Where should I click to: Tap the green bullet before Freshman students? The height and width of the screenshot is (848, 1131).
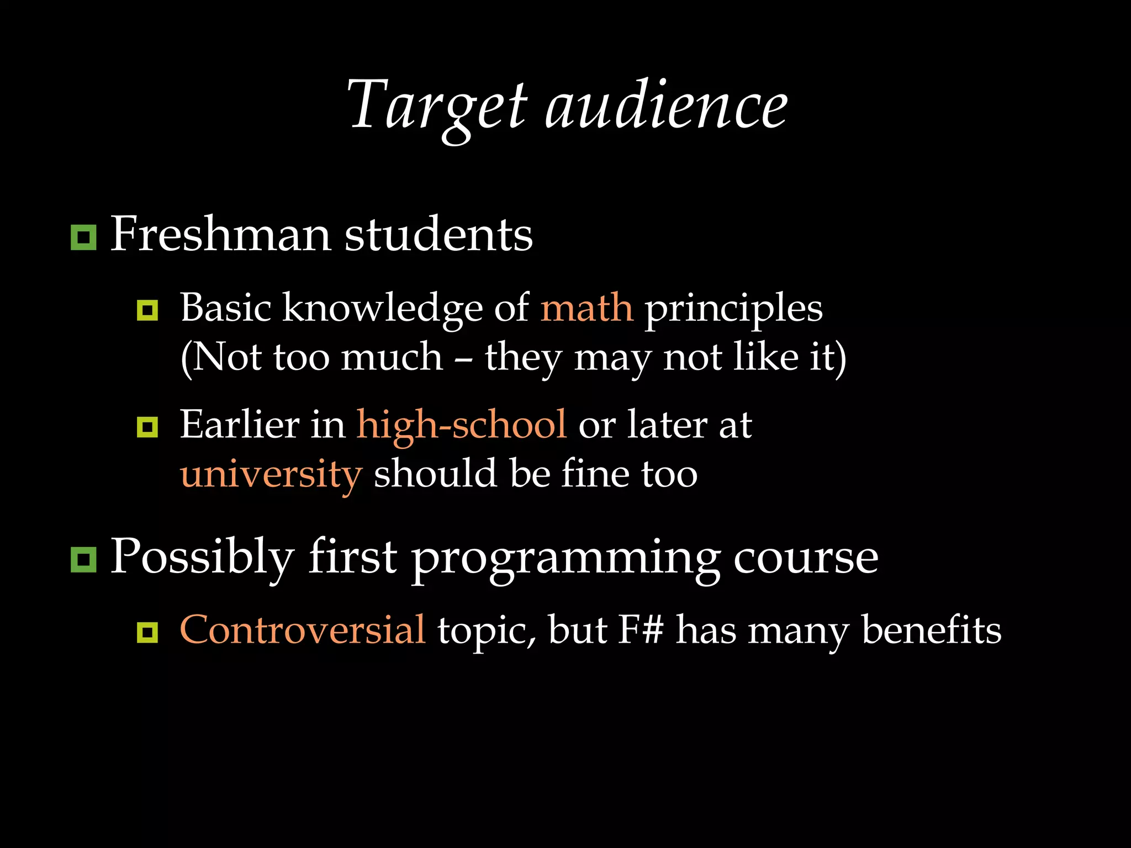tap(83, 237)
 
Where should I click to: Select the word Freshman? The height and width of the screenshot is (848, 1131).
tap(221, 235)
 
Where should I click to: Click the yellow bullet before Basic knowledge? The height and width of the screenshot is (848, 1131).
tap(147, 310)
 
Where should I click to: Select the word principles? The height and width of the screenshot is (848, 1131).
tap(733, 309)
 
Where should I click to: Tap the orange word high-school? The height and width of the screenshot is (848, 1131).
tap(461, 425)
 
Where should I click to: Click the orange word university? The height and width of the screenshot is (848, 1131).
tap(271, 475)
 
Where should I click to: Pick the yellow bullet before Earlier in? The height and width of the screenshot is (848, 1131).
tap(147, 427)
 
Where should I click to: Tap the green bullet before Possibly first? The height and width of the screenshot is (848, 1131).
tap(83, 560)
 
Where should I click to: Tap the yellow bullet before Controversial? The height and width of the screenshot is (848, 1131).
tap(147, 632)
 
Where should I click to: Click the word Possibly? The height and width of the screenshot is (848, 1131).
tap(202, 558)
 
